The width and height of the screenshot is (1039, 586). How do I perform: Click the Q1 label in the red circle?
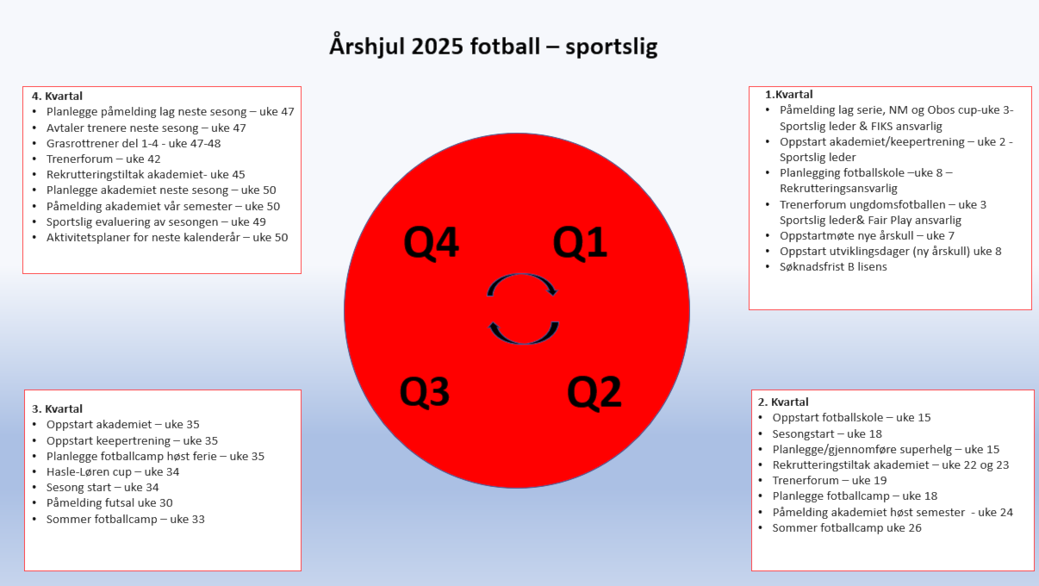pos(580,243)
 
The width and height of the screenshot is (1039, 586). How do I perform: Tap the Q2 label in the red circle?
pos(594,393)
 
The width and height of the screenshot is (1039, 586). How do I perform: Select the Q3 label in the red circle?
pos(425,392)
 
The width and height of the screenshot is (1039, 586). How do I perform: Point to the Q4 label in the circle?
pos(432,243)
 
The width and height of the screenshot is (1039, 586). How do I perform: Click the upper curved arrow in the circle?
pos(522,276)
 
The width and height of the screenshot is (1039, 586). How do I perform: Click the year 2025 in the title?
pos(437,47)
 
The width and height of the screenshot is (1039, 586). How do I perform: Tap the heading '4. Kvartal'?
pos(57,96)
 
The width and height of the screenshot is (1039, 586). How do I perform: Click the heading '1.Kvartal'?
pos(789,95)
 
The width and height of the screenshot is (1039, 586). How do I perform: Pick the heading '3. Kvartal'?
pos(57,408)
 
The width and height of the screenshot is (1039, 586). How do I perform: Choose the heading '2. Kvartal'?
pos(783,402)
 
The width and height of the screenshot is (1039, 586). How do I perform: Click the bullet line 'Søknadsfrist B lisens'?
pos(833,267)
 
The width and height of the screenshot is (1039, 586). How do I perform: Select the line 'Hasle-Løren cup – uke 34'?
pos(113,472)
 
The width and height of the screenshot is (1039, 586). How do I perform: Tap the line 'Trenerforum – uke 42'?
pos(103,159)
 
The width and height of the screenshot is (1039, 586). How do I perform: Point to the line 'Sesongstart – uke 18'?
pos(827,434)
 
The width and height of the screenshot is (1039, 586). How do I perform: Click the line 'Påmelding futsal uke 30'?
pos(109,503)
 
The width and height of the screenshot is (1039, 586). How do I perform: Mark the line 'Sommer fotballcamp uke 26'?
pos(847,528)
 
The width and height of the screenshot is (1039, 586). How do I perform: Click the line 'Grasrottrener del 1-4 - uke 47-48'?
pos(134,143)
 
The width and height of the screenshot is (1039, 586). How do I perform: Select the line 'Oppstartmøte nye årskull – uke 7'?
pos(867,236)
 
